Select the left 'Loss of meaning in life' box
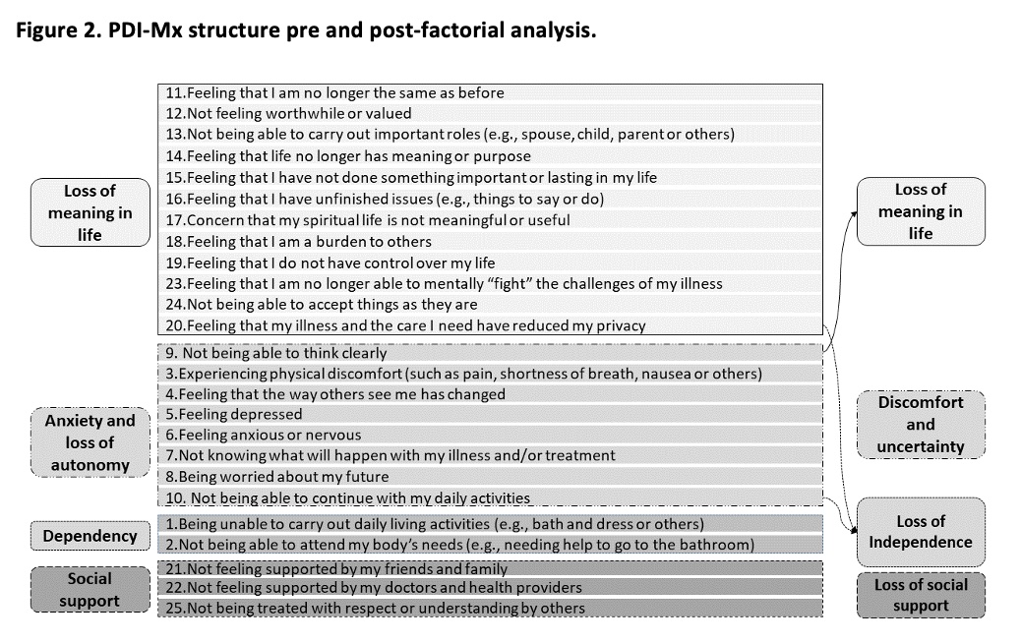tap(90, 211)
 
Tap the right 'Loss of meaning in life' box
tap(920, 211)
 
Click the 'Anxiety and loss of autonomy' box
tap(90, 442)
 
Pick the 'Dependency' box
tap(90, 536)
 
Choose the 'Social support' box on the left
tap(90, 590)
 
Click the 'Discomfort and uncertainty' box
tap(920, 424)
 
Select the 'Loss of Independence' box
tap(920, 532)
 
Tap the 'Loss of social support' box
tap(920, 595)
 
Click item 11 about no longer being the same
tap(334, 92)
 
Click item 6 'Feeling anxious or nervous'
tap(264, 435)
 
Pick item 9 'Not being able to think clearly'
tap(276, 352)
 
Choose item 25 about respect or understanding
tap(374, 608)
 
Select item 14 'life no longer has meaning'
tap(349, 155)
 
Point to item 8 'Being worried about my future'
tap(287, 477)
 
